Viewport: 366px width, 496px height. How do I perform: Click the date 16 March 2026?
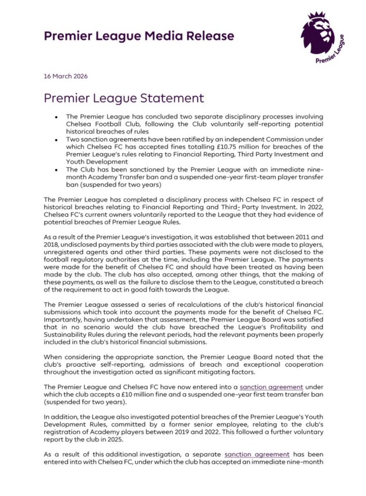coord(65,76)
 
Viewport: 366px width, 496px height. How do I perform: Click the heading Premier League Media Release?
coord(139,36)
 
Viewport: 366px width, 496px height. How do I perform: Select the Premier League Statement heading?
coord(124,99)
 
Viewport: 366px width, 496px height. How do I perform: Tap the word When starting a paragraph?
coord(52,357)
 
